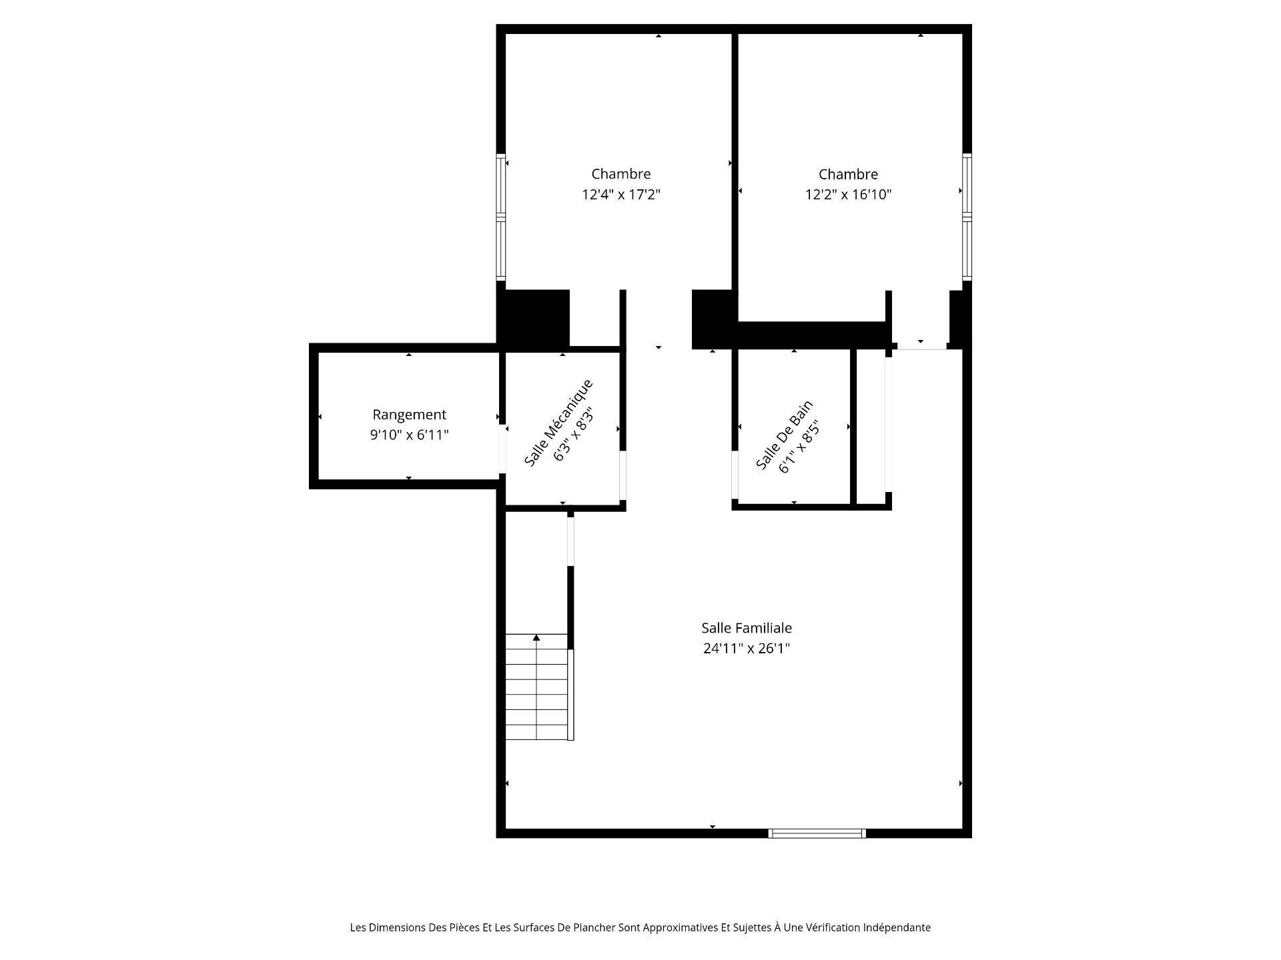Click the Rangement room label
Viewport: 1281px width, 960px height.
pyautogui.click(x=409, y=415)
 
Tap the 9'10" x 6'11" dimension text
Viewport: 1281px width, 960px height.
pyautogui.click(x=409, y=435)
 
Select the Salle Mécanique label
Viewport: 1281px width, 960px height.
pyautogui.click(x=558, y=423)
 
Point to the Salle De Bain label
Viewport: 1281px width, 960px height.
pyautogui.click(x=784, y=435)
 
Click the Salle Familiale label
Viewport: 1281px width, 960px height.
pyautogui.click(x=747, y=628)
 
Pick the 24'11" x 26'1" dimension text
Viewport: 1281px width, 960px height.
pyautogui.click(x=747, y=648)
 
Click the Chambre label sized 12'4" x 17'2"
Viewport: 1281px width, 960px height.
pyautogui.click(x=621, y=174)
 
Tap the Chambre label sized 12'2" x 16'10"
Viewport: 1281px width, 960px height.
pyautogui.click(x=848, y=175)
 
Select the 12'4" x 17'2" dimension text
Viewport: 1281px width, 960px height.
pyautogui.click(x=621, y=195)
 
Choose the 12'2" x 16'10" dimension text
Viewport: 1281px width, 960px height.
pyautogui.click(x=848, y=195)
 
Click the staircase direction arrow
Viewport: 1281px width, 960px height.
pyautogui.click(x=536, y=638)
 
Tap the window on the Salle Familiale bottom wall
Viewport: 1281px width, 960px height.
pyautogui.click(x=817, y=833)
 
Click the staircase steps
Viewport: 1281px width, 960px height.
pyautogui.click(x=537, y=687)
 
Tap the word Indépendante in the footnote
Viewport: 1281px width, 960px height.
pyautogui.click(x=897, y=927)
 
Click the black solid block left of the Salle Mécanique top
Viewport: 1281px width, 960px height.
pyautogui.click(x=534, y=319)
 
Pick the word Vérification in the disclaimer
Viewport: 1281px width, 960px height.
pyautogui.click(x=832, y=927)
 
